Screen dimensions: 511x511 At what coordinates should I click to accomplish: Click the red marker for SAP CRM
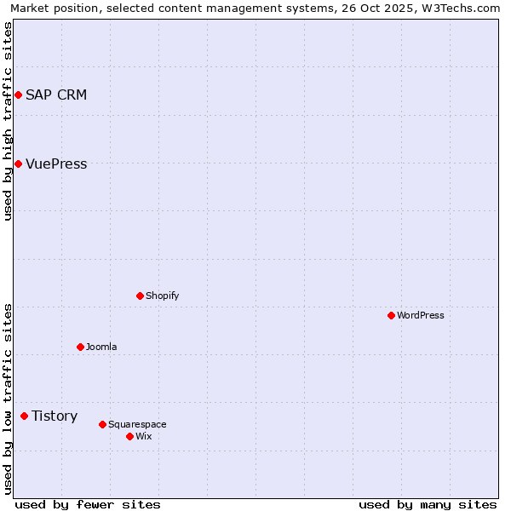click(18, 95)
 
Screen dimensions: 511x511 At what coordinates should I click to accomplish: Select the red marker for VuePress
click(18, 164)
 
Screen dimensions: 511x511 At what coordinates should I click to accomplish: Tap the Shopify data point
click(141, 296)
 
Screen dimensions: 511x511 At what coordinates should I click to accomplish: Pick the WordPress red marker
click(392, 315)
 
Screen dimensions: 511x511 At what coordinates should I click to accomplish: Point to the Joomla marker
click(81, 347)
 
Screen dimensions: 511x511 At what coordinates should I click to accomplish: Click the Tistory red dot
click(25, 416)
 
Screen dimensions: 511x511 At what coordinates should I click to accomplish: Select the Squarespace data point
click(103, 424)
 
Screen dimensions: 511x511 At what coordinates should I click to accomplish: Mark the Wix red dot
click(130, 436)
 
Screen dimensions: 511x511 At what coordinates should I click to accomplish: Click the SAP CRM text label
click(56, 95)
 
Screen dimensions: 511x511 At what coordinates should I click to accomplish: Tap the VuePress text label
click(56, 164)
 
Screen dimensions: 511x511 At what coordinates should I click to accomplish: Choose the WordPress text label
click(421, 315)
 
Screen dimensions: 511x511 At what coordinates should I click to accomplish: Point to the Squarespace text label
click(137, 424)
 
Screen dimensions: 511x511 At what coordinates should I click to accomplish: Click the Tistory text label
click(55, 416)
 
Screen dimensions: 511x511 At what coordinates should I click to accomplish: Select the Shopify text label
click(162, 296)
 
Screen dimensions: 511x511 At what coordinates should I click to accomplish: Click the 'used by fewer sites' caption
click(88, 504)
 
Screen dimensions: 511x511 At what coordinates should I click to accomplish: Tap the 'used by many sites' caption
click(428, 504)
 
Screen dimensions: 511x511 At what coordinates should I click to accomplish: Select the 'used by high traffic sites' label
click(8, 121)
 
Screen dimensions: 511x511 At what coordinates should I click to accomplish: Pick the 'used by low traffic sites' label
click(8, 398)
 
